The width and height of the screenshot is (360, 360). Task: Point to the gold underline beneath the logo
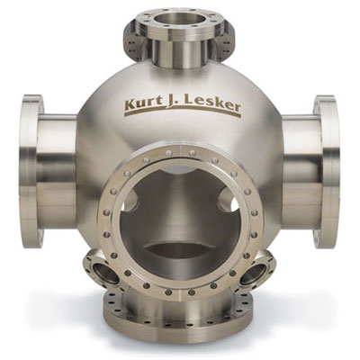pyautogui.click(x=183, y=111)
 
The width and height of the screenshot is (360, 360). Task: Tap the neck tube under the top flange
pyautogui.click(x=177, y=54)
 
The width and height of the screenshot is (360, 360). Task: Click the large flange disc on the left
pyautogui.click(x=32, y=171)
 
